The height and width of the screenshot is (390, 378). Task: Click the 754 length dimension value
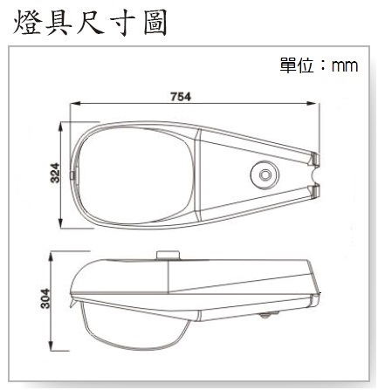click(x=181, y=97)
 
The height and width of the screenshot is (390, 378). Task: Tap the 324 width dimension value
click(x=55, y=173)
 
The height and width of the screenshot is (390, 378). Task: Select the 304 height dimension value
click(x=45, y=298)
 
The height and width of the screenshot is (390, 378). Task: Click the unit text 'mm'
click(x=345, y=66)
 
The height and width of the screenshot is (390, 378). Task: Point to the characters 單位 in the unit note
click(x=297, y=65)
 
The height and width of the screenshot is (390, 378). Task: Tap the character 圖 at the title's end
click(x=155, y=23)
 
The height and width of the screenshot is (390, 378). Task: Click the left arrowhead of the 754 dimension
click(x=75, y=103)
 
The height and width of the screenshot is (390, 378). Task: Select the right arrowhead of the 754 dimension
click(x=311, y=103)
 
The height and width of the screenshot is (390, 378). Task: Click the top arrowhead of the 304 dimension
click(x=52, y=257)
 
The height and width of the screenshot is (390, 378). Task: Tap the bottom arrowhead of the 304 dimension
click(x=52, y=346)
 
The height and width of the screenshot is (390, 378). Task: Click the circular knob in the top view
click(x=265, y=174)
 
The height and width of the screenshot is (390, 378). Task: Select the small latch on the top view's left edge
click(x=72, y=174)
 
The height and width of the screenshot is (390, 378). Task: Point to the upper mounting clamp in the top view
click(x=314, y=159)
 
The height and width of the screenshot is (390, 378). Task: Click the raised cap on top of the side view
click(x=168, y=255)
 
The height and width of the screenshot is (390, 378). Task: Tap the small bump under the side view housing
click(x=269, y=314)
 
